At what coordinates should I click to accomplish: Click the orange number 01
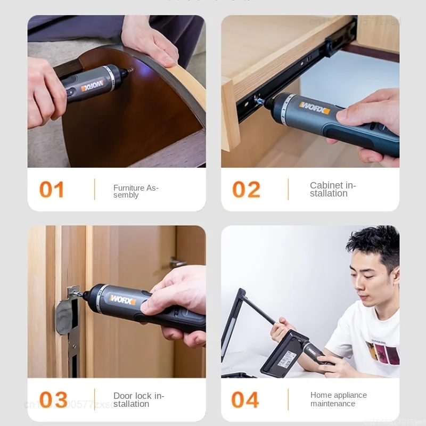coord(52,190)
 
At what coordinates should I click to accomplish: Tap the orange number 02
coord(246,190)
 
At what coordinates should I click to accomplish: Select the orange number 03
coord(53,400)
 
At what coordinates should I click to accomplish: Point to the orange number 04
coord(245,400)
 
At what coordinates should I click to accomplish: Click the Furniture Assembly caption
coord(136,191)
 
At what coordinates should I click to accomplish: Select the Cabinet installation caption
coord(333,189)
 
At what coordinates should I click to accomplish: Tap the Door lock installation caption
coord(138,400)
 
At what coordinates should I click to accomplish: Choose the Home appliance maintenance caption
coord(339,399)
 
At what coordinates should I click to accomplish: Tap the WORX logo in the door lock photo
coord(123,299)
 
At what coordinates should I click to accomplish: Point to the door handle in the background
coord(178,263)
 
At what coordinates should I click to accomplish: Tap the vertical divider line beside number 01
coord(95,189)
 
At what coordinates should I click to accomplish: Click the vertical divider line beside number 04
coord(288,399)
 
